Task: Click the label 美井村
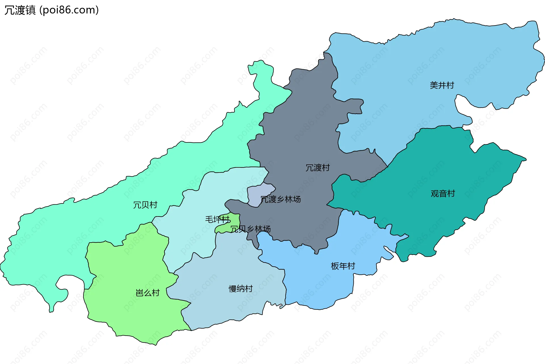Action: (x=442, y=85)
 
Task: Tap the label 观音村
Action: (x=443, y=193)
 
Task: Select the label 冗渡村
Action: (x=317, y=168)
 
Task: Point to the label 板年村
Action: (x=343, y=266)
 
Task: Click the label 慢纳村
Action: (x=241, y=289)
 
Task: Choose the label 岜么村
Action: (x=148, y=293)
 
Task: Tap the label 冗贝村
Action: (x=145, y=205)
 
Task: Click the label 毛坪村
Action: (x=217, y=219)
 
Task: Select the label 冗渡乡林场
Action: (x=280, y=199)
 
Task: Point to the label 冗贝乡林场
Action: (x=250, y=229)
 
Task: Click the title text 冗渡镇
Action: (x=20, y=10)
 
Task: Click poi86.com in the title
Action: (x=69, y=10)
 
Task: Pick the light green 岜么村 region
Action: (x=128, y=270)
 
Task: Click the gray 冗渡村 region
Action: (x=298, y=128)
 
